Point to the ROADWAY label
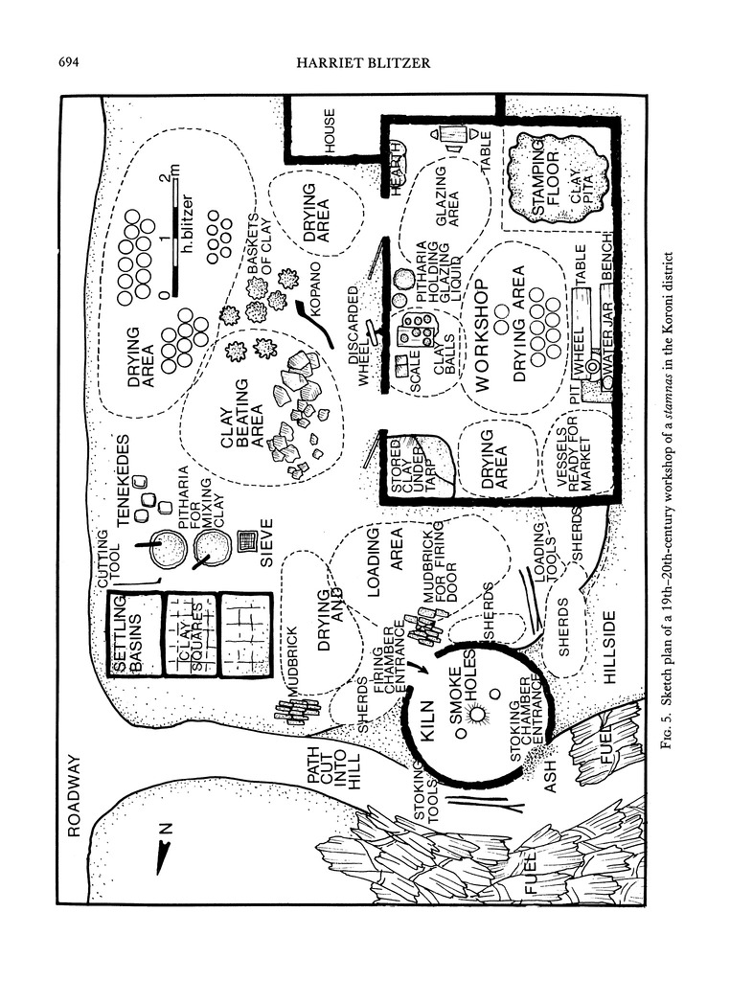(x=75, y=796)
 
